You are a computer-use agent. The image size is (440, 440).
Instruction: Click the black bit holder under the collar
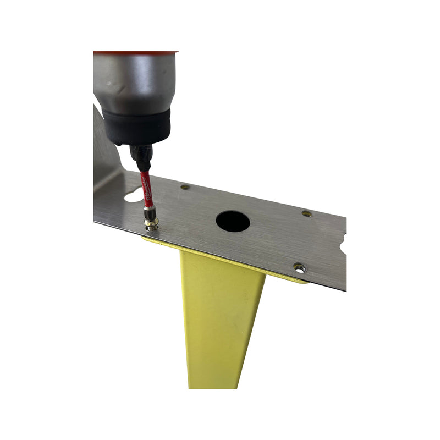141,156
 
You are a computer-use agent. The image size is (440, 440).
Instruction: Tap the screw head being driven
151,223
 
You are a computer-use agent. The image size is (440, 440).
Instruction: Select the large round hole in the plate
233,221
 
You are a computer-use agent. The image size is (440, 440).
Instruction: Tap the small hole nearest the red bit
185,187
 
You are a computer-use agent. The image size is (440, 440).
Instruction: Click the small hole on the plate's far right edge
307,213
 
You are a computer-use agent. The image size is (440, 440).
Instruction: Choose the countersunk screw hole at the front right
299,267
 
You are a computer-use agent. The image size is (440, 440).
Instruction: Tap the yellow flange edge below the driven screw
151,239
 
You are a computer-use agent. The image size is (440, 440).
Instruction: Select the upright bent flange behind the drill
107,148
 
